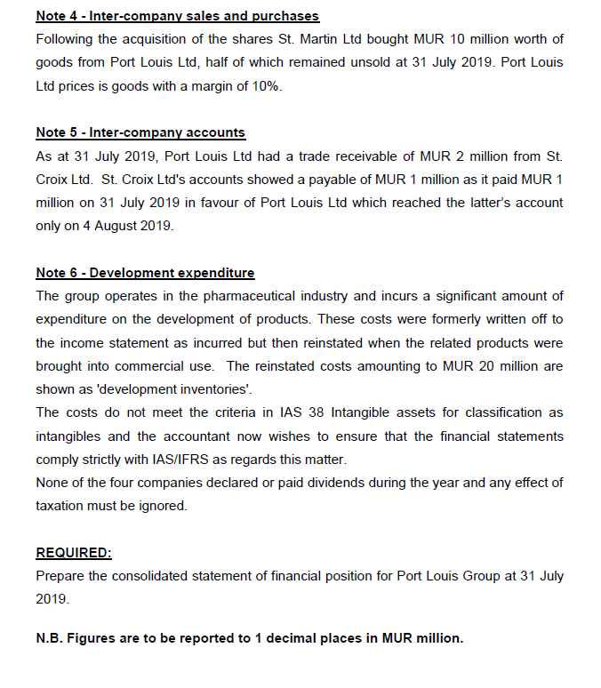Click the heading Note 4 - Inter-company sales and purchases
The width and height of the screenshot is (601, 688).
177,16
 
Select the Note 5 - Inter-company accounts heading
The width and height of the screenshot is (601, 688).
140,132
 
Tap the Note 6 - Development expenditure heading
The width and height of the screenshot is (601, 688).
145,273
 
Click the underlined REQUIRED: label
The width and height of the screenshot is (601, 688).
73,553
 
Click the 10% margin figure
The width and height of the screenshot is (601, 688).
266,85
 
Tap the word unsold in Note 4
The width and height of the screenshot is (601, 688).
340,62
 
